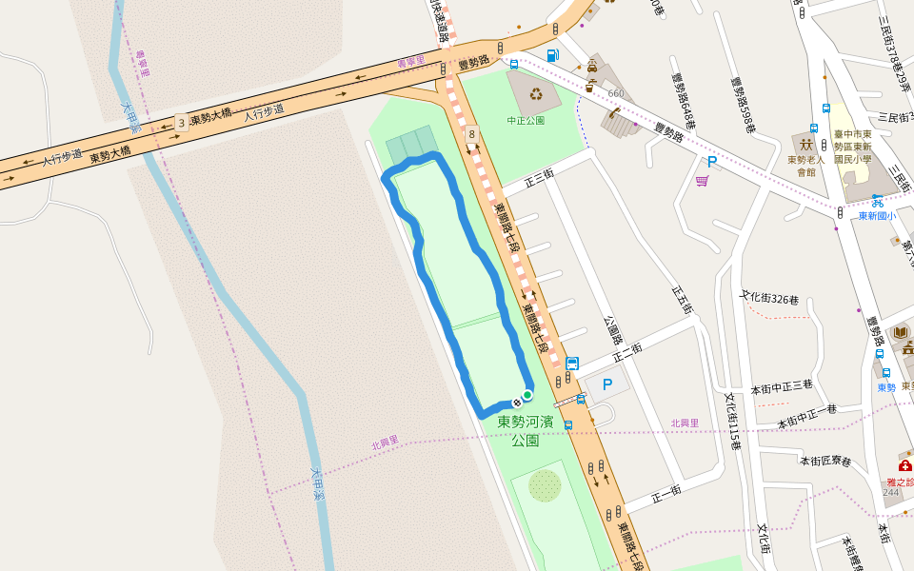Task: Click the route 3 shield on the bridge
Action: click(180, 123)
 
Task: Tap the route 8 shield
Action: click(471, 136)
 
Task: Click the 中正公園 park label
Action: click(526, 121)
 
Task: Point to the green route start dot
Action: click(527, 394)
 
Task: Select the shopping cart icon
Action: click(702, 181)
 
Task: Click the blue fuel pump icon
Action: click(552, 55)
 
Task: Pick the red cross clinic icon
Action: click(904, 467)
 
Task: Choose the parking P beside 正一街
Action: click(606, 385)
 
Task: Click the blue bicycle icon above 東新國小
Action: click(877, 201)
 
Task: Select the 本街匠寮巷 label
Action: click(825, 462)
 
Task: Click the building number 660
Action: click(616, 93)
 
